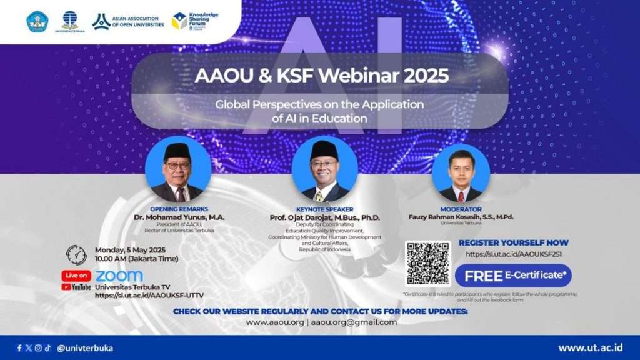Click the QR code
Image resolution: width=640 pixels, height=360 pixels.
[x=427, y=263]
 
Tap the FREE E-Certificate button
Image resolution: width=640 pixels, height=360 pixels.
[x=513, y=276]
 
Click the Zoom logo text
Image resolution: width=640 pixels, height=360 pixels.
[x=119, y=276]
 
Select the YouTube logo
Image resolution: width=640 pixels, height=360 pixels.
[x=76, y=287]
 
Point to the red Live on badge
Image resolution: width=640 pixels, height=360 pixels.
[x=76, y=276]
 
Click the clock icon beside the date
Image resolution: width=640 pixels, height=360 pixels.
[x=76, y=254]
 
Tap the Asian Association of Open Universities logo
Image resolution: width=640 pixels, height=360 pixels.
[x=128, y=21]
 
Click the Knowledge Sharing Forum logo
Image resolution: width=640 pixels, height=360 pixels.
[x=194, y=21]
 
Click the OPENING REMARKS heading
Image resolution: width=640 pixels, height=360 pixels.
[x=179, y=209]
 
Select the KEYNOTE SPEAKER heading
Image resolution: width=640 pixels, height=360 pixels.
[x=324, y=209]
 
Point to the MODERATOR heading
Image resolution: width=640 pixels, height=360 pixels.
[x=461, y=209]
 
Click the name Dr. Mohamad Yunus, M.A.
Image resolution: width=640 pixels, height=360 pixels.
[x=179, y=217]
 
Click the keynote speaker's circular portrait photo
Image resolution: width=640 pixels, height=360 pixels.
[x=324, y=169]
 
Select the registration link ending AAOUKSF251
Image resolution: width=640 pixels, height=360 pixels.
[x=513, y=254]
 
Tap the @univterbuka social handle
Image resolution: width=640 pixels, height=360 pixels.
[x=85, y=348]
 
